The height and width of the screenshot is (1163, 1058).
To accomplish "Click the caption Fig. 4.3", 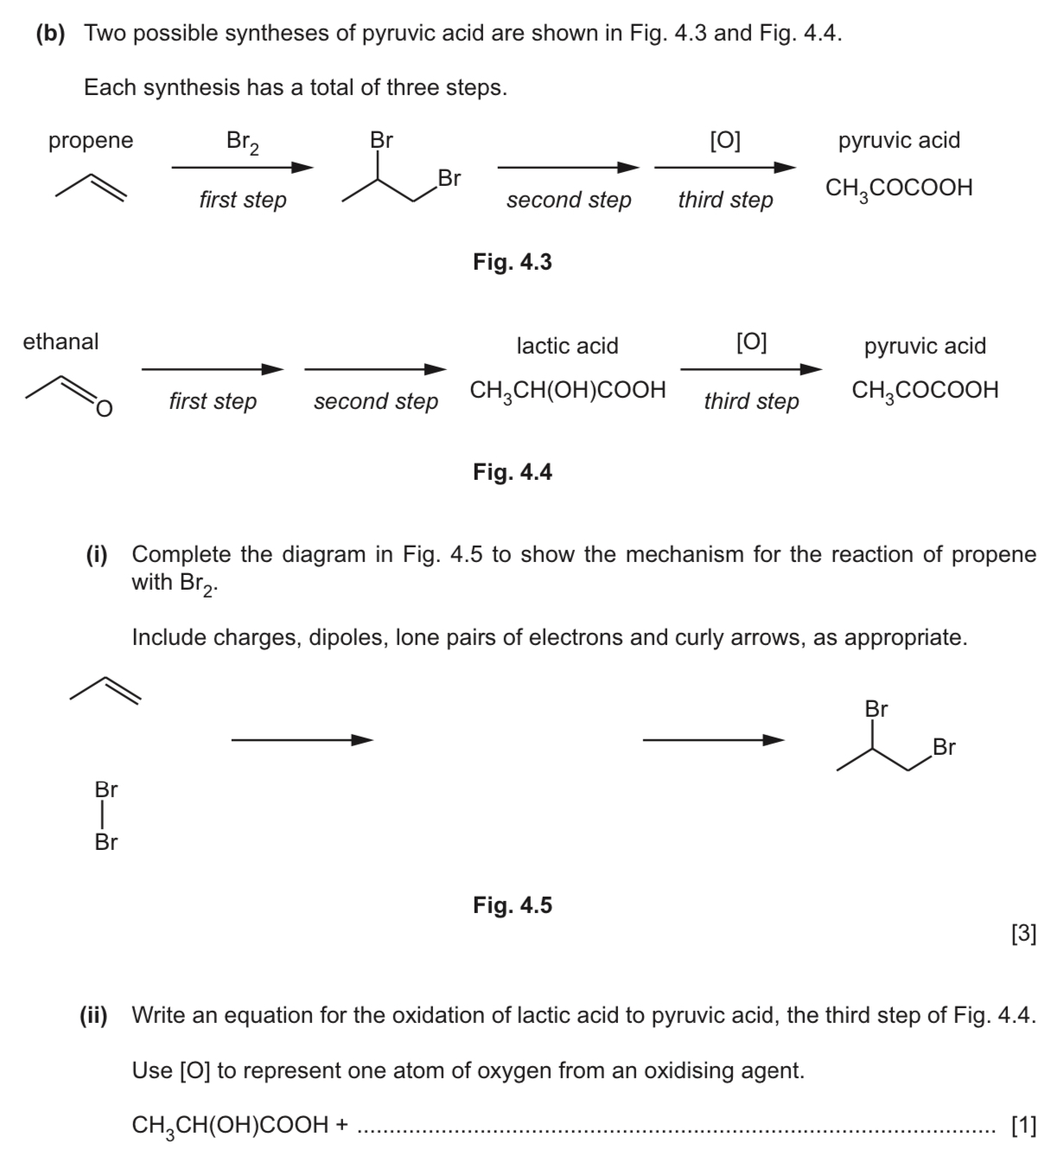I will click(x=512, y=262).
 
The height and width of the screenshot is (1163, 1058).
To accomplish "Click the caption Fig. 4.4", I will click(x=512, y=472).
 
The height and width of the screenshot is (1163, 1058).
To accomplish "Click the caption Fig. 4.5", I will click(x=512, y=905).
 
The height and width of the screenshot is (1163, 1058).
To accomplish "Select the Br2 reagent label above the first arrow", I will click(x=242, y=142).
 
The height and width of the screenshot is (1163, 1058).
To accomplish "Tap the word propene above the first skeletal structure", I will click(x=91, y=140).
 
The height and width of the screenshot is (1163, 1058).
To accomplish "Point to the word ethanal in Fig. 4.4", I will click(x=61, y=342).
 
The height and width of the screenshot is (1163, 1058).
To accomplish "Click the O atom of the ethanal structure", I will click(x=104, y=408).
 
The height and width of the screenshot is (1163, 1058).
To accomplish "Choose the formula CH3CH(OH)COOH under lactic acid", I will click(x=568, y=391).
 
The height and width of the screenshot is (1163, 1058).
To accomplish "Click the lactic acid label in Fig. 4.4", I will click(x=567, y=346).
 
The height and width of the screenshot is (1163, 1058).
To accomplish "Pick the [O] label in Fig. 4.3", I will click(x=724, y=140).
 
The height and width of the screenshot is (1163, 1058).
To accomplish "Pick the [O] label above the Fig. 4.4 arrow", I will click(x=750, y=342).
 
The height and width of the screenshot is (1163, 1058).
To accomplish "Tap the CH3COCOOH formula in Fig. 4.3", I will click(x=899, y=189).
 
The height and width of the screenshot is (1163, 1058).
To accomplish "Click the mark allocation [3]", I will click(x=1023, y=935).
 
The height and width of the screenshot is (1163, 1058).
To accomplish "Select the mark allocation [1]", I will click(x=1023, y=1125).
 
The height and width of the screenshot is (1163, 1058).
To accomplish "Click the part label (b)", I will click(x=51, y=34).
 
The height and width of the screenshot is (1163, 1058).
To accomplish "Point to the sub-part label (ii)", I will click(x=93, y=1015).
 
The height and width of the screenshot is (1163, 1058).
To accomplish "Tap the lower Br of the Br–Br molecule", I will click(x=106, y=842).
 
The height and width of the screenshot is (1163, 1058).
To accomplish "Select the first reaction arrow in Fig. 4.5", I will click(x=302, y=740).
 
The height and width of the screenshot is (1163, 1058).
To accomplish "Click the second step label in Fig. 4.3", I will click(x=569, y=200).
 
